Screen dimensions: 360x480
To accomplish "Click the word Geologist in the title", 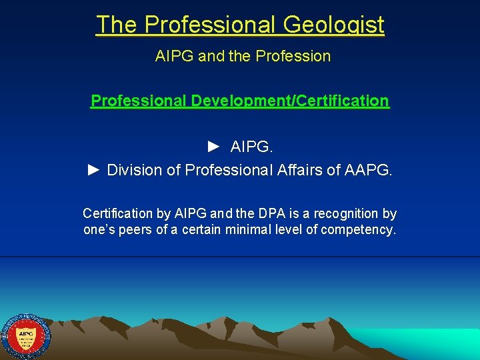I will pyautogui.click(x=333, y=25).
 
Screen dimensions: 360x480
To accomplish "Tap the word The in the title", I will pyautogui.click(x=117, y=25).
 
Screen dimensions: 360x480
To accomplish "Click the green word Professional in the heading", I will pyautogui.click(x=139, y=101).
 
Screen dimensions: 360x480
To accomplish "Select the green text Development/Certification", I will pyautogui.click(x=290, y=101).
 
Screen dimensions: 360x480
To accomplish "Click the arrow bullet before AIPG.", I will pyautogui.click(x=213, y=146).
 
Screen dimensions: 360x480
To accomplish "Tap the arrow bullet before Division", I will pyautogui.click(x=94, y=170).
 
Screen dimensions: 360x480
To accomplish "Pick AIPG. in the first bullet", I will pyautogui.click(x=250, y=146).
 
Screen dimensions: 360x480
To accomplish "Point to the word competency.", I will pyautogui.click(x=359, y=231).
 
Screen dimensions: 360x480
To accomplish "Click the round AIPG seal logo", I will pyautogui.click(x=25, y=335).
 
